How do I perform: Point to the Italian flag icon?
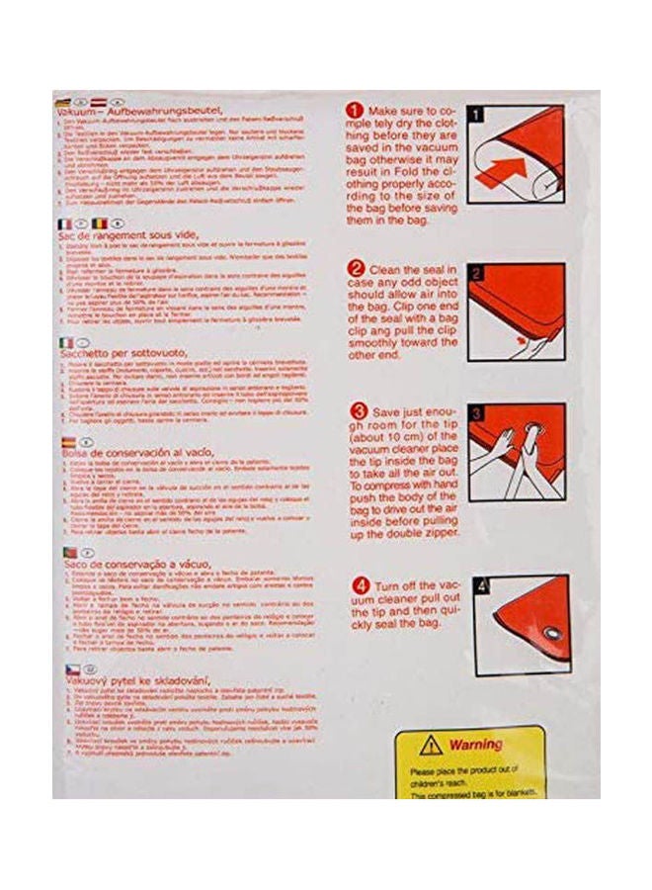point(62,340)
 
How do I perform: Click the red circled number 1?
point(355,109)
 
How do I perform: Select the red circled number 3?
point(355,410)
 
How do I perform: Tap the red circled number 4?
point(355,583)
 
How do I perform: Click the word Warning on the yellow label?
point(474,744)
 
